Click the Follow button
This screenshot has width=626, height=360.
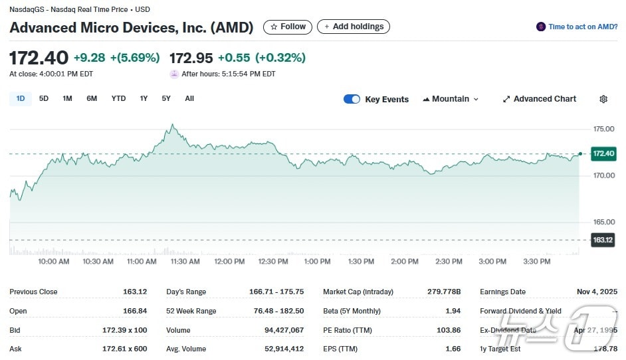288,27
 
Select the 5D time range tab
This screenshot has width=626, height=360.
44,99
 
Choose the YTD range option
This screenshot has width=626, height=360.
118,99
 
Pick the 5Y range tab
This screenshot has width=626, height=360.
166,99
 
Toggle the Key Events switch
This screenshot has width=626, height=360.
352,99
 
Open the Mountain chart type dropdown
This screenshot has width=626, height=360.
451,99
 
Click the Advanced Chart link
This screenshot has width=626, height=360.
539,99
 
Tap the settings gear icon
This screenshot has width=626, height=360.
603,99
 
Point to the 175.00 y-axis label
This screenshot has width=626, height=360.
604,129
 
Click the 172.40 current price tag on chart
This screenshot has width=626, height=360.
603,154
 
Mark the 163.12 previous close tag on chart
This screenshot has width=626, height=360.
603,240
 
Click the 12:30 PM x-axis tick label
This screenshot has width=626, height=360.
273,262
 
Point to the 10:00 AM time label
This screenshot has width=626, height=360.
54,262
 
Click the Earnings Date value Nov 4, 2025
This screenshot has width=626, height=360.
597,292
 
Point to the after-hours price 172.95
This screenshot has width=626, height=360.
191,58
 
